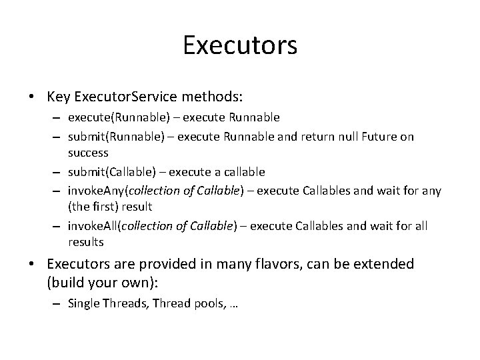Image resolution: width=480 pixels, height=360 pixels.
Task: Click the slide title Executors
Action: click(x=240, y=45)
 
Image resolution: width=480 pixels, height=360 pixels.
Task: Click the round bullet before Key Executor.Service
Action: click(x=32, y=97)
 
